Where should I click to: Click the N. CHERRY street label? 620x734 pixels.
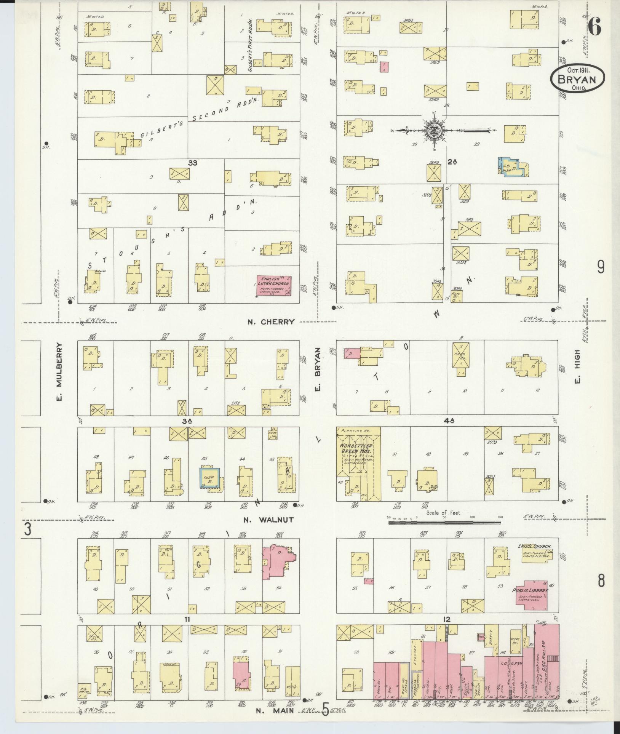click(271, 322)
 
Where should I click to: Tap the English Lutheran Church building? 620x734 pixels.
click(274, 286)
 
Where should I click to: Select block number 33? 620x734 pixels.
click(193, 163)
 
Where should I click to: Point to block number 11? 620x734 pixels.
click(187, 619)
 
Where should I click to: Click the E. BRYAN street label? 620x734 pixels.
click(318, 369)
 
